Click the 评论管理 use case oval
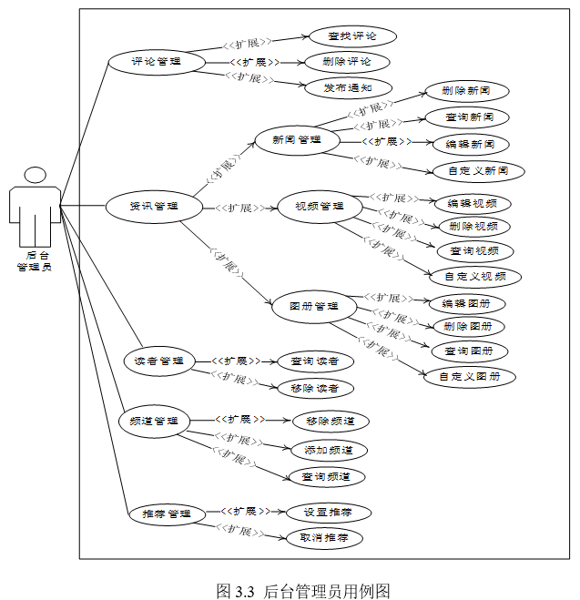click(x=156, y=62)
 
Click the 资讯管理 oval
click(x=153, y=207)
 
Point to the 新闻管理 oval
click(x=296, y=140)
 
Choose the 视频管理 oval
click(x=320, y=207)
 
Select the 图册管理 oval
click(x=314, y=307)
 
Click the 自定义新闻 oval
click(x=478, y=170)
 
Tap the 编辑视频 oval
click(x=472, y=203)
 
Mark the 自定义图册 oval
click(x=470, y=376)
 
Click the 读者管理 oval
click(x=159, y=361)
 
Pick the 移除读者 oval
click(x=315, y=388)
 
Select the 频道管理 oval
click(x=155, y=422)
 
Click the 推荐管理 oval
click(x=160, y=514)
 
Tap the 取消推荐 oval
click(x=324, y=538)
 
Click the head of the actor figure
click(x=36, y=175)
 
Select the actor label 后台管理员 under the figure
click(x=35, y=260)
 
